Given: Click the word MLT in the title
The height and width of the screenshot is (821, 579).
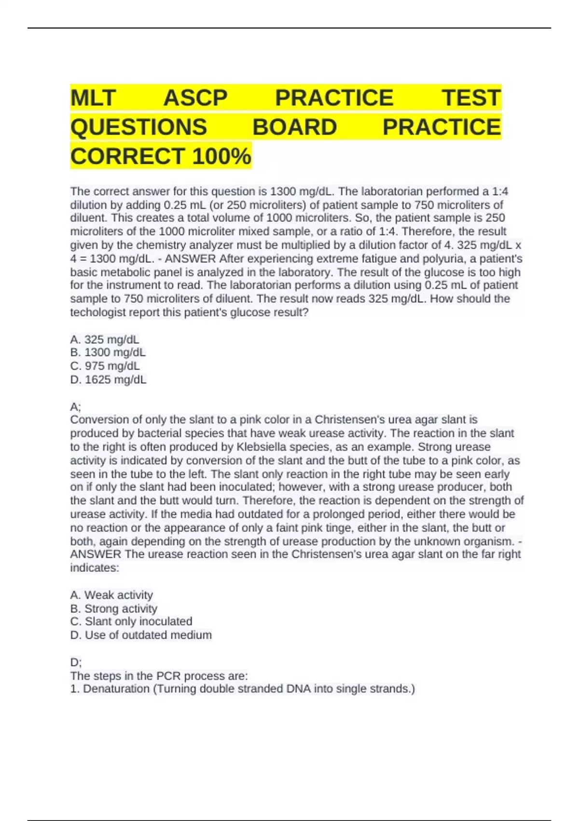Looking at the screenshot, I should tap(93, 98).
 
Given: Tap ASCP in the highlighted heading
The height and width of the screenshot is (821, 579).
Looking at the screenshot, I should tap(195, 98).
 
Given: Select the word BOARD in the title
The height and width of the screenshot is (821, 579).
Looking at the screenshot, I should tap(294, 127).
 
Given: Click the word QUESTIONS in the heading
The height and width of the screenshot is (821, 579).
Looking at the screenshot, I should tap(138, 127).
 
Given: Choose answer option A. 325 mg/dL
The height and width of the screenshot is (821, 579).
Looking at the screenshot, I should tap(105, 340).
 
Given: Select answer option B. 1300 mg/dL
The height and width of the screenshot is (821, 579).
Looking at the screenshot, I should tap(108, 353).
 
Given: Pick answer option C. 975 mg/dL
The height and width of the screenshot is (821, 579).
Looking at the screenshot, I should tap(105, 366).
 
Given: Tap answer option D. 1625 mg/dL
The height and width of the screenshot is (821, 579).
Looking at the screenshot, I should tap(108, 380).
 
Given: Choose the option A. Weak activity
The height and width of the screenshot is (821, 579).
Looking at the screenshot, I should tap(111, 595).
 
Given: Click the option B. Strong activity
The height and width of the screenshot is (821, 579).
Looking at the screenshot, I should tap(114, 609).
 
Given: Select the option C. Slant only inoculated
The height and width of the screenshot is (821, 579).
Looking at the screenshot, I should tap(131, 622).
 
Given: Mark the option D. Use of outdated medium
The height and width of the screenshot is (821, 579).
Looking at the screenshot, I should tap(141, 635).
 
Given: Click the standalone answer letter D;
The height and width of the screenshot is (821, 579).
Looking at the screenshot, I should tap(76, 662).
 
